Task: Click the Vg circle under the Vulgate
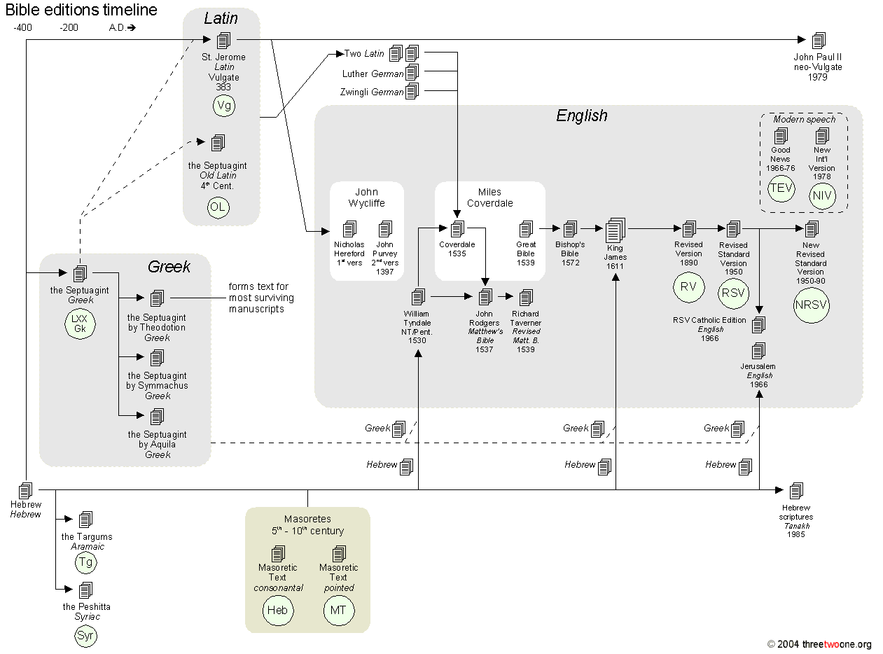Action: point(225,106)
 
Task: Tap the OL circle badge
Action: point(218,208)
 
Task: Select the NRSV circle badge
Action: point(811,305)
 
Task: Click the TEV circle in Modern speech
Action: point(781,188)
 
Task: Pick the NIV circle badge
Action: point(822,195)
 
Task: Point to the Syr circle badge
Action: point(85,636)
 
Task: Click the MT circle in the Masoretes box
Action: point(338,610)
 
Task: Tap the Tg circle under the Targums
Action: point(85,562)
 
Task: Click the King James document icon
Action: point(615,230)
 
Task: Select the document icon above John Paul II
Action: point(818,41)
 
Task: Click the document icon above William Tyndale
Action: point(418,297)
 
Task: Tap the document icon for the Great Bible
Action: point(526,228)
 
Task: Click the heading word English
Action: point(582,116)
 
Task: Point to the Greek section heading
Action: point(169,266)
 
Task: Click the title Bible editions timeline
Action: point(81,10)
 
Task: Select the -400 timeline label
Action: point(23,28)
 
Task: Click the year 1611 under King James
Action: point(616,267)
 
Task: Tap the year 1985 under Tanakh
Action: point(795,534)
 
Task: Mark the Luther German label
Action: point(373,74)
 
